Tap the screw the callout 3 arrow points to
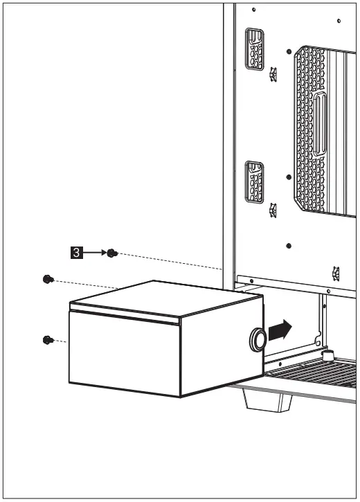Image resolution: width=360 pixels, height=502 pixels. click(x=113, y=254)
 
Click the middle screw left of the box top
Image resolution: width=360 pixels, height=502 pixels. click(x=46, y=279)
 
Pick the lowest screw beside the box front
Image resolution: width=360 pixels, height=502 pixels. click(x=46, y=339)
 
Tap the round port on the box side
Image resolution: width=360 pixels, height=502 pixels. click(x=256, y=340)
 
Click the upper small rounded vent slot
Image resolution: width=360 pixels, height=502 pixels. click(x=254, y=48)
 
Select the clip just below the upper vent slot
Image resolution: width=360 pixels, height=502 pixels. click(x=273, y=73)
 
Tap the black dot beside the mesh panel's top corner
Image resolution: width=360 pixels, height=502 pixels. click(x=289, y=50)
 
